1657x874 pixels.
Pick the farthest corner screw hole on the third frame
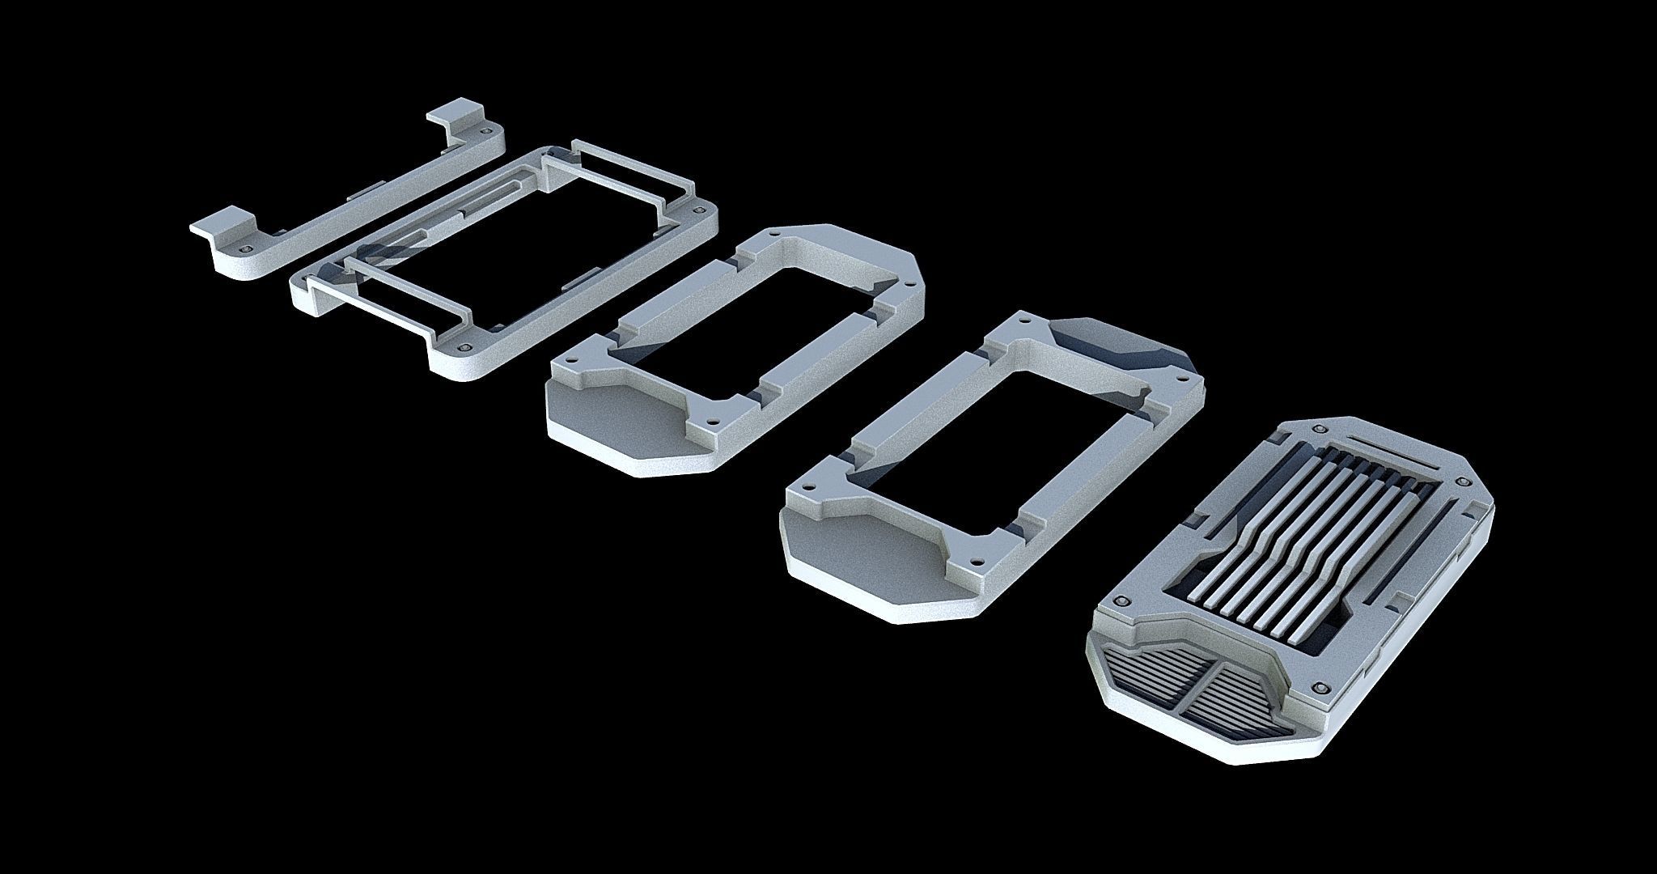[x=776, y=235]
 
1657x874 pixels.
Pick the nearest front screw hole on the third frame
[x=711, y=422]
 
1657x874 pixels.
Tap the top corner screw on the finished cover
[x=1321, y=428]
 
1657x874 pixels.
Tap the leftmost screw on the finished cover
[x=1121, y=601]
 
